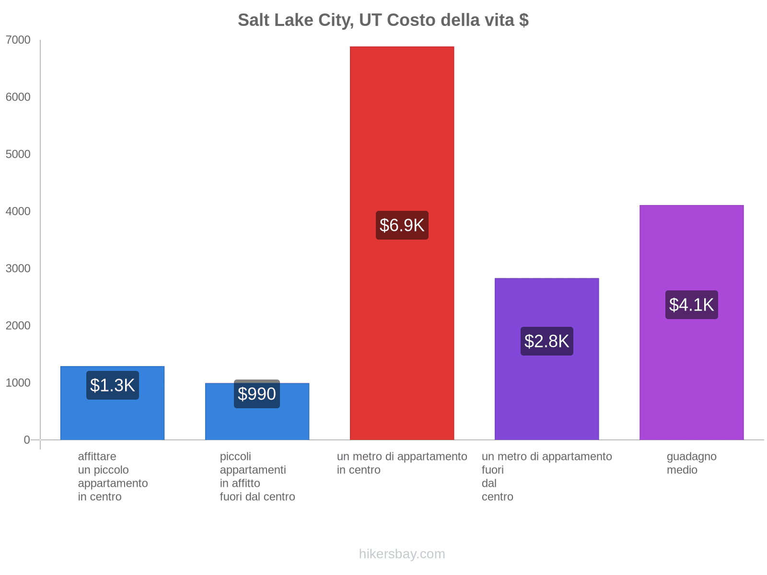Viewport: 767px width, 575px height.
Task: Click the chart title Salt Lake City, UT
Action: [383, 20]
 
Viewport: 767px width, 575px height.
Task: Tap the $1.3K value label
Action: [113, 385]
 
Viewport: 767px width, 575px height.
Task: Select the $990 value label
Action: [257, 394]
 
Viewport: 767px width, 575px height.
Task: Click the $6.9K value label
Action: [402, 225]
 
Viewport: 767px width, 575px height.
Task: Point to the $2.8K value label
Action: [546, 341]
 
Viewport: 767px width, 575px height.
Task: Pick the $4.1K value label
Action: [691, 305]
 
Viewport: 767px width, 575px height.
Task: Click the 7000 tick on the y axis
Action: [18, 40]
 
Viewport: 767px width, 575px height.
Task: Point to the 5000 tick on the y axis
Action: [18, 154]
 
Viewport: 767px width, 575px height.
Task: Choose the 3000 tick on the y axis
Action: [18, 268]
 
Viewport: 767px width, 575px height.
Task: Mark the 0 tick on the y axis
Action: [27, 440]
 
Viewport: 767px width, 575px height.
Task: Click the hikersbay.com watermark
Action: [402, 554]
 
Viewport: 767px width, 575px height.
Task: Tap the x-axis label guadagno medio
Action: [691, 463]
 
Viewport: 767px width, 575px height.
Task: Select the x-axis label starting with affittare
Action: [113, 476]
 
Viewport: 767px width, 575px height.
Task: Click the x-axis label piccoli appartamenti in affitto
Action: [257, 476]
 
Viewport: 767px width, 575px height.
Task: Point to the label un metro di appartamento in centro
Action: [402, 463]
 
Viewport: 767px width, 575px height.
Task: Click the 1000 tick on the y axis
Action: [18, 383]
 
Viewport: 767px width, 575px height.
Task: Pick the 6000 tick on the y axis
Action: [18, 97]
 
